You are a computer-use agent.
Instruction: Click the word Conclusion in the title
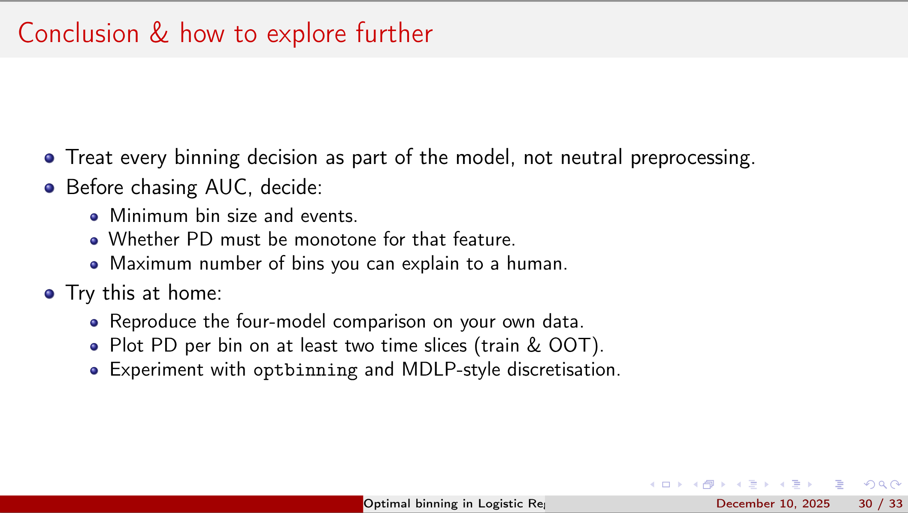tap(79, 33)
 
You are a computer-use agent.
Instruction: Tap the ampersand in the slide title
tap(159, 33)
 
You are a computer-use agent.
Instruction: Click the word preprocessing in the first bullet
tap(692, 158)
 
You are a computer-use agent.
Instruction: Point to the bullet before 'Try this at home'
tap(49, 294)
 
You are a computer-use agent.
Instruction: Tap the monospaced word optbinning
tap(305, 370)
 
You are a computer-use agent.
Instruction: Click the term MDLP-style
tap(451, 370)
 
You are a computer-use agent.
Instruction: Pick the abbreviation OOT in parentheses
tap(570, 346)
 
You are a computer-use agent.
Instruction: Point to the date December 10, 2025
tap(773, 504)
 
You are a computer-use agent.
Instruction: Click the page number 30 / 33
tap(880, 504)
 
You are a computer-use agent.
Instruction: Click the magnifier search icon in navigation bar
tap(882, 485)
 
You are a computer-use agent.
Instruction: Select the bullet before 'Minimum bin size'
tap(94, 217)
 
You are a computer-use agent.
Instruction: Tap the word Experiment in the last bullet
tap(156, 370)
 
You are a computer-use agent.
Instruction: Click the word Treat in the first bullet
tap(89, 158)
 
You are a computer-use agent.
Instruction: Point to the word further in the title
tap(394, 33)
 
